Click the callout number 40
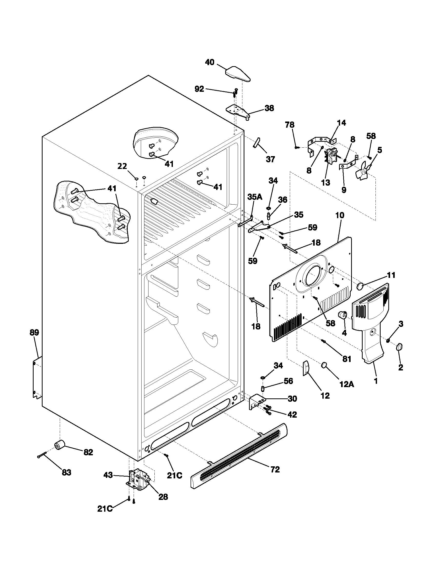pyautogui.click(x=210, y=62)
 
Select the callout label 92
pyautogui.click(x=199, y=89)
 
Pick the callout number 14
pyautogui.click(x=341, y=123)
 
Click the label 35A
pyautogui.click(x=255, y=197)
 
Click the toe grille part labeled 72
pyautogui.click(x=239, y=456)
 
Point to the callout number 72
pyautogui.click(x=275, y=469)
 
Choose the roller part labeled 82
pyautogui.click(x=60, y=446)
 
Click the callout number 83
pyautogui.click(x=66, y=472)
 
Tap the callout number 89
pyautogui.click(x=34, y=332)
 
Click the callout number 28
pyautogui.click(x=163, y=497)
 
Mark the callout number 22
pyautogui.click(x=122, y=166)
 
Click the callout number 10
pyautogui.click(x=340, y=215)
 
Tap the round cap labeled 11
pyautogui.click(x=360, y=286)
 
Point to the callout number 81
pyautogui.click(x=347, y=359)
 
